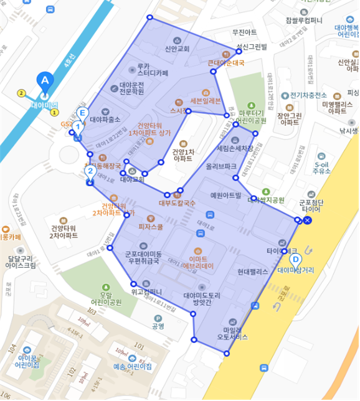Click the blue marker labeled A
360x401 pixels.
pyautogui.click(x=44, y=80)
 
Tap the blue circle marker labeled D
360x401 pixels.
pyautogui.click(x=296, y=259)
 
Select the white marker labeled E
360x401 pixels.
pyautogui.click(x=82, y=113)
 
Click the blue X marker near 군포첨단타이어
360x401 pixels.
pyautogui.click(x=308, y=220)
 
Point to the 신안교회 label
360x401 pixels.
pyautogui.click(x=177, y=48)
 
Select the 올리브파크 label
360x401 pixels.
pyautogui.click(x=221, y=167)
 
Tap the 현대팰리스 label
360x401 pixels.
pyautogui.click(x=252, y=272)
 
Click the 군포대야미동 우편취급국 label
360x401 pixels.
pyautogui.click(x=143, y=258)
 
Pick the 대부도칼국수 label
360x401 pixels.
pyautogui.click(x=177, y=202)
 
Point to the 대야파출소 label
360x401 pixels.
pyautogui.click(x=105, y=119)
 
